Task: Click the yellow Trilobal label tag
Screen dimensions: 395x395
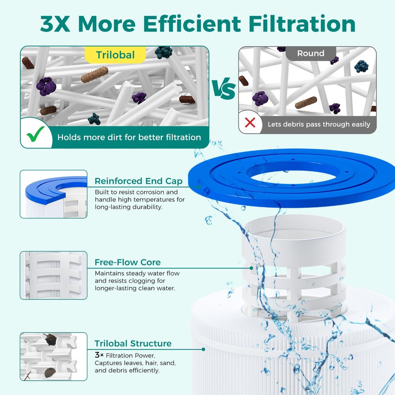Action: click(115, 55)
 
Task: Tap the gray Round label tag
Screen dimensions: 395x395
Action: click(310, 54)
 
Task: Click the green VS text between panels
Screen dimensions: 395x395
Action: click(224, 90)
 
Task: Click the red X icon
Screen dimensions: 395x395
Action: click(250, 123)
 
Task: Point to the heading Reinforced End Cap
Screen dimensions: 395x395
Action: click(138, 181)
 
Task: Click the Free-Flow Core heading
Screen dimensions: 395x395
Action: click(128, 262)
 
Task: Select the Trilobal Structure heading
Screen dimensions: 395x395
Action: click(133, 343)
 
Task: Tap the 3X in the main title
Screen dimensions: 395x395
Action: click(56, 24)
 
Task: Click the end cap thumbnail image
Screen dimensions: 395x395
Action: click(53, 194)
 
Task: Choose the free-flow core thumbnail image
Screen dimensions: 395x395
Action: click(53, 275)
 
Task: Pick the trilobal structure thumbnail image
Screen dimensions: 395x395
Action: click(53, 356)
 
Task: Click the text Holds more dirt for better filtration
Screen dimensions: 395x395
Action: click(129, 137)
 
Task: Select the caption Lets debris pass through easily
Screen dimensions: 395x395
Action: click(319, 124)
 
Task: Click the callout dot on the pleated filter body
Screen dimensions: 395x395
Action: click(203, 349)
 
